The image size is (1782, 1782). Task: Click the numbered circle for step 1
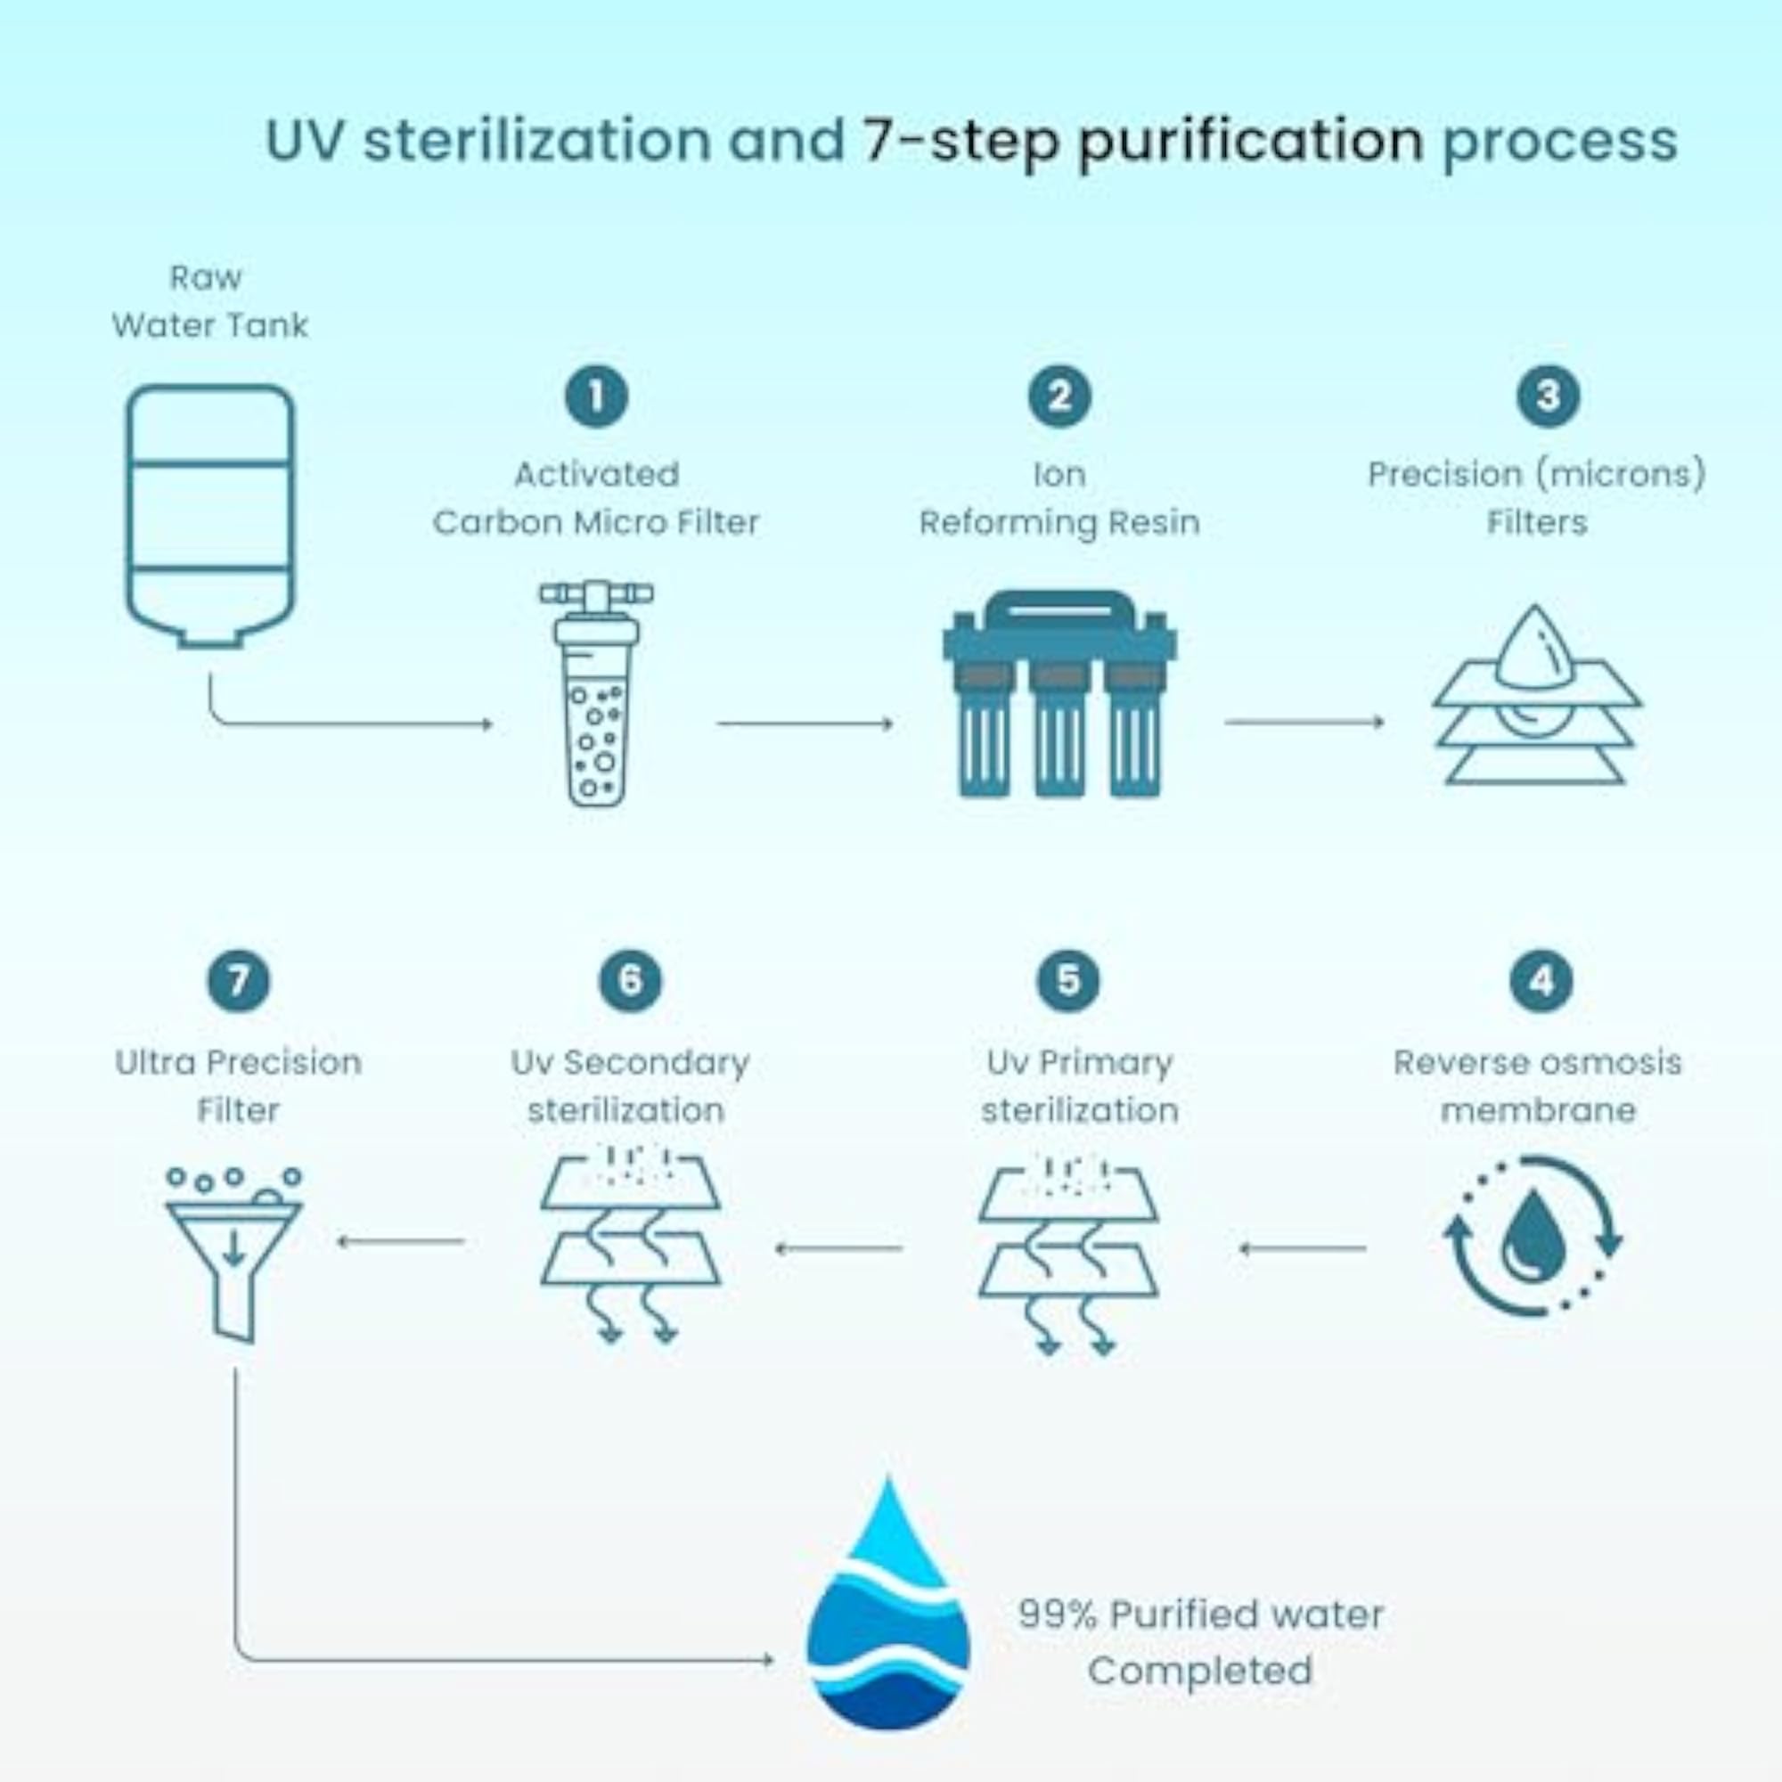[597, 396]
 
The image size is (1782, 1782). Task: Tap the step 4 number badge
[1541, 980]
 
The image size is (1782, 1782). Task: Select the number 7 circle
[239, 980]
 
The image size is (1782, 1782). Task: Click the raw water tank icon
[210, 517]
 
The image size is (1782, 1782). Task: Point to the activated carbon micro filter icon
[597, 693]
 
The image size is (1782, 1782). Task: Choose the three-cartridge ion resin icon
[1059, 693]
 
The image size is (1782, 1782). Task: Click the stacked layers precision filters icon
[1537, 696]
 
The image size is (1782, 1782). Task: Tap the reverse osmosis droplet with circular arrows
[1533, 1236]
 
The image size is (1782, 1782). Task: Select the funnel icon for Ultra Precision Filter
[233, 1255]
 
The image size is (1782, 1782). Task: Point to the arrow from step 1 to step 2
[805, 724]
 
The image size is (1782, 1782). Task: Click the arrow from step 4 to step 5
[1303, 1249]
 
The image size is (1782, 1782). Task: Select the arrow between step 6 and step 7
[400, 1241]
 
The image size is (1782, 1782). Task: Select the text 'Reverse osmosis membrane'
[1538, 1085]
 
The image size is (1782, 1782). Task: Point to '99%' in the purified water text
[1058, 1614]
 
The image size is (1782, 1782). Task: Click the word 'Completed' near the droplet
[1200, 1671]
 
